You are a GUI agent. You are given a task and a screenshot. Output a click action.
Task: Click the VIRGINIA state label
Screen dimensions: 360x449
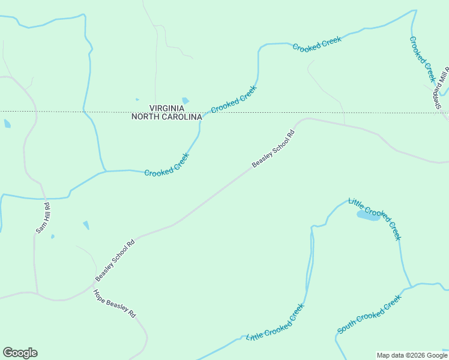click(166, 109)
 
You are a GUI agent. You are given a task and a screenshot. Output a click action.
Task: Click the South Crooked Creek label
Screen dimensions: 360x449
click(369, 314)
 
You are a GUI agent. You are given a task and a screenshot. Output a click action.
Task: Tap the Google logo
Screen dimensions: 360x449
click(20, 353)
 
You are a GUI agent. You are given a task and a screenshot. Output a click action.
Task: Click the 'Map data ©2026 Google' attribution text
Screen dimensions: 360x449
click(412, 355)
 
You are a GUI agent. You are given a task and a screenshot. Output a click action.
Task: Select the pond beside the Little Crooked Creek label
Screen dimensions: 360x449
click(367, 215)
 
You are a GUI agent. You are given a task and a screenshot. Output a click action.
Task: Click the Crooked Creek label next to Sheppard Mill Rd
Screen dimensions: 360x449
click(422, 59)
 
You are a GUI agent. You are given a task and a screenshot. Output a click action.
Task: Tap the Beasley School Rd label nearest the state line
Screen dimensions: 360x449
click(274, 149)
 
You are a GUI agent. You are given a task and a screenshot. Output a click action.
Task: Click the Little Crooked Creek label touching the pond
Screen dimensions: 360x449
click(375, 218)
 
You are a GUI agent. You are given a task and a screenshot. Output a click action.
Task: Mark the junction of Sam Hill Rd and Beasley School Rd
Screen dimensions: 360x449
click(37, 294)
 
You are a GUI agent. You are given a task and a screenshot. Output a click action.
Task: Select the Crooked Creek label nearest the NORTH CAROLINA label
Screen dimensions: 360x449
click(234, 99)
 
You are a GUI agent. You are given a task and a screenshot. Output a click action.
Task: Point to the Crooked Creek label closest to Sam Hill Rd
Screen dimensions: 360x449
click(167, 164)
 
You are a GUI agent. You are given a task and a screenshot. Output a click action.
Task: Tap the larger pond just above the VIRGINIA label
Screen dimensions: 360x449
click(185, 101)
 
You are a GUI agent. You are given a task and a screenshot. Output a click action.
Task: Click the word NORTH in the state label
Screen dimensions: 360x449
click(143, 117)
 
